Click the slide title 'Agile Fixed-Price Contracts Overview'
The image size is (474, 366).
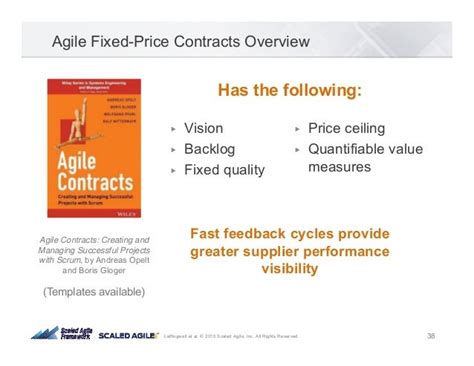[180, 42]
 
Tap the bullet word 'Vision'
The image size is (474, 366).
[206, 128]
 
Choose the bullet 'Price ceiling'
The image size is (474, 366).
[346, 128]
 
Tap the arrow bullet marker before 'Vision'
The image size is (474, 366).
[173, 129]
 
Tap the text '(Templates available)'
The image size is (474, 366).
[94, 292]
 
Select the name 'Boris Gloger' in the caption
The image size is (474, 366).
[110, 270]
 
